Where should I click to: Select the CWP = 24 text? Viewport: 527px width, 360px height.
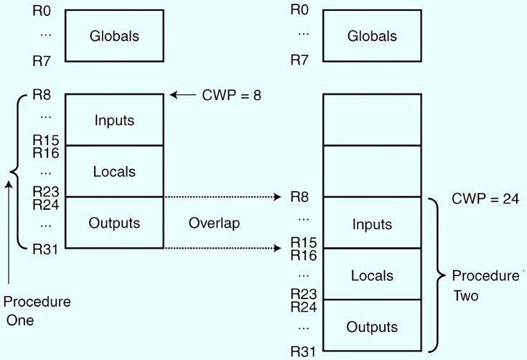pyautogui.click(x=485, y=198)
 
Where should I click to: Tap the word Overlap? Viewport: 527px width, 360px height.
pyautogui.click(x=213, y=223)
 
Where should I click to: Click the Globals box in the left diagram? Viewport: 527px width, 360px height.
pyautogui.click(x=114, y=36)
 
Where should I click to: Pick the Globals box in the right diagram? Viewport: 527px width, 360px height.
pyautogui.click(x=372, y=36)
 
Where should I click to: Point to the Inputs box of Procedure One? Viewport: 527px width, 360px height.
pyautogui.click(x=114, y=119)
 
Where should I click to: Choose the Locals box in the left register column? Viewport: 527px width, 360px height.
pyautogui.click(x=114, y=171)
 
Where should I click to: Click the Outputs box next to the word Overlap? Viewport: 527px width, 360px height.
pyautogui.click(x=114, y=223)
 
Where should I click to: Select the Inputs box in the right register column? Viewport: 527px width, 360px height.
pyautogui.click(x=372, y=223)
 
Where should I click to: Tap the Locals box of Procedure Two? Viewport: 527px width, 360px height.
pyautogui.click(x=372, y=275)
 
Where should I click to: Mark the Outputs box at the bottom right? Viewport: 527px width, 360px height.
pyautogui.click(x=372, y=327)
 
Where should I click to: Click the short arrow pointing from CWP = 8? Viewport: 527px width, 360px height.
pyautogui.click(x=183, y=94)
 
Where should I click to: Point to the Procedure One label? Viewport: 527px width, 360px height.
pyautogui.click(x=37, y=310)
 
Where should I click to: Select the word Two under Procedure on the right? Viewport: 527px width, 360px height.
pyautogui.click(x=465, y=295)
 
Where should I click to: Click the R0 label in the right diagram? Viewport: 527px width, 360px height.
pyautogui.click(x=299, y=10)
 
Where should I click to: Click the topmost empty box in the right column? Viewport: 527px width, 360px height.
pyautogui.click(x=372, y=119)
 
